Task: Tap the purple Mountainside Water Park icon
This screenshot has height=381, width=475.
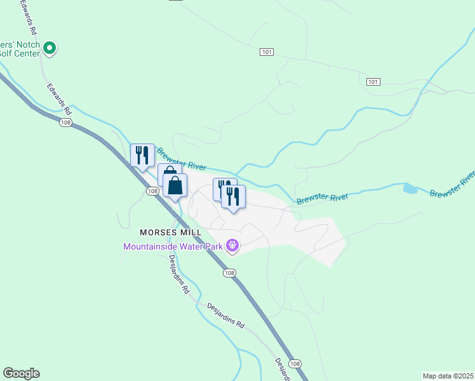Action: pos(232,244)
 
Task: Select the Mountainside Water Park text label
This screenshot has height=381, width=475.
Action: pos(173,246)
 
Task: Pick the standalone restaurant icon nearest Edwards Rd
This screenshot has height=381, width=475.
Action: pos(142,156)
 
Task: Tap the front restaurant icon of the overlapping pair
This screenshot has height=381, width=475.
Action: pos(233,197)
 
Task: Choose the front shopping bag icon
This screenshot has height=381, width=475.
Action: pos(175,186)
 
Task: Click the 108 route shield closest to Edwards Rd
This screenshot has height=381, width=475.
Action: pos(65,123)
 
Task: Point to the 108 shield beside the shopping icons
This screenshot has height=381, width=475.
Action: pos(152,191)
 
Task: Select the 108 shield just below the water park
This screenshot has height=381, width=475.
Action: pos(229,272)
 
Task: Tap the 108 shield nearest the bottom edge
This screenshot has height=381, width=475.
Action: pos(295,363)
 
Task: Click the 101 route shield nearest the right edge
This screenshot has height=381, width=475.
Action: pos(373,82)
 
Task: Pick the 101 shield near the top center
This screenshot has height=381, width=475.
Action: pos(267,52)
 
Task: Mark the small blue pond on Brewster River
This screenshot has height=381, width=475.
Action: pos(410,188)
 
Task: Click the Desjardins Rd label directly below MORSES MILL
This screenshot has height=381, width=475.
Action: pos(179,274)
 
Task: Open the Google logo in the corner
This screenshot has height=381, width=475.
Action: pos(21,373)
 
